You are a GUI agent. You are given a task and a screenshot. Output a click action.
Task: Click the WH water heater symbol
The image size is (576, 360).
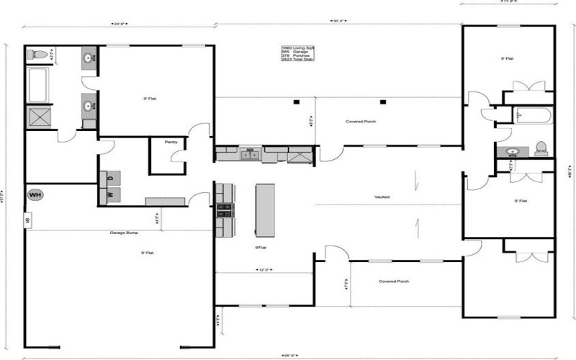34,194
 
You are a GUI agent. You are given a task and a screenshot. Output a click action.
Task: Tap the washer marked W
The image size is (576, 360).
111,194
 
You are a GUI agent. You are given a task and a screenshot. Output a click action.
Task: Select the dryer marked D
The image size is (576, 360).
111,177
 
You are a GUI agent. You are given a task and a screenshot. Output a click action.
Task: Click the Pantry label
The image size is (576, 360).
171,142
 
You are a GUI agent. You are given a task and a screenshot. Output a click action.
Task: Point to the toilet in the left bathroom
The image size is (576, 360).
40,55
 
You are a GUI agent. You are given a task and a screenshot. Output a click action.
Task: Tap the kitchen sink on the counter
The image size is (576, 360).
251,153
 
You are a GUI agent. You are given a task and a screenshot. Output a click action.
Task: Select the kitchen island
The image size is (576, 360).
265,210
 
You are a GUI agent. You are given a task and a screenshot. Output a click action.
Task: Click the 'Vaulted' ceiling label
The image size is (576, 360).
382,197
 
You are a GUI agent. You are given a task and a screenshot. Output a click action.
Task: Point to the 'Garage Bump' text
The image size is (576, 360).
124,233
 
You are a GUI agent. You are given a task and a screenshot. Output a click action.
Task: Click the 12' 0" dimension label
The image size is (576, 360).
264,271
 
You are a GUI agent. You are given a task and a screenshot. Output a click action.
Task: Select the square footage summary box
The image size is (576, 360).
297,54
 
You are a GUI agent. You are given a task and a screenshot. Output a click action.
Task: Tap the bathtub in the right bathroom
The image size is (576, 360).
534,115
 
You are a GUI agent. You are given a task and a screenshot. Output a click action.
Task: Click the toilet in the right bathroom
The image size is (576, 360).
541,148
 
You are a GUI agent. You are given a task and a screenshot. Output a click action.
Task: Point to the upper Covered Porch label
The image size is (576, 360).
361,121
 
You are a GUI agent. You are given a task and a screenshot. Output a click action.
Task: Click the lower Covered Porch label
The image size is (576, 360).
394,281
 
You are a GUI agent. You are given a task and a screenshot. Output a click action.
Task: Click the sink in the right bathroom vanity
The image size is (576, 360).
513,152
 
